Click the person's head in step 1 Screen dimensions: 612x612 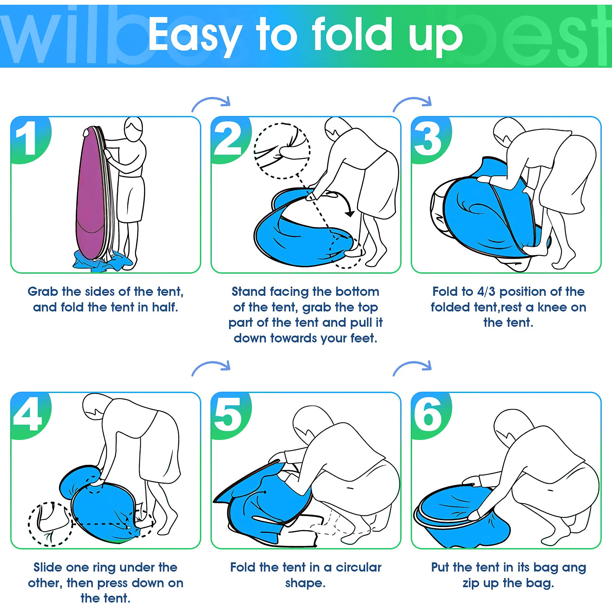point(133,129)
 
